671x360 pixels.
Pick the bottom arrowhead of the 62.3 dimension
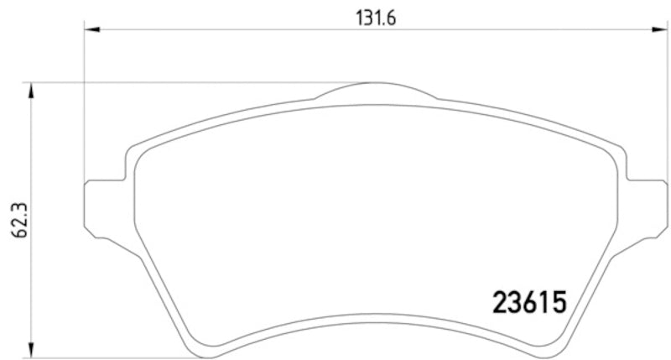coord(31,351)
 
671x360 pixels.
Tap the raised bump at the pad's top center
coord(376,90)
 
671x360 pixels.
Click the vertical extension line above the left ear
coord(86,101)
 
